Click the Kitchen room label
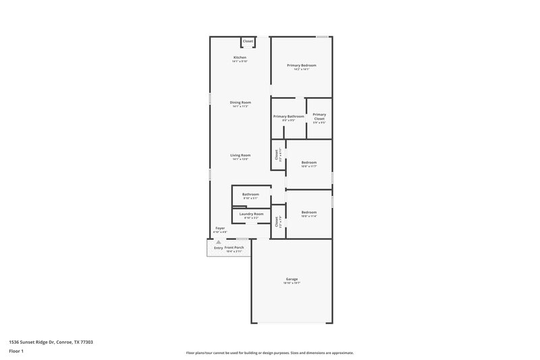[x=240, y=58]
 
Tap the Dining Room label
[x=240, y=103]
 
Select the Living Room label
[x=240, y=155]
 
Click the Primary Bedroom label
[x=301, y=66]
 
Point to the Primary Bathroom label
[x=289, y=116]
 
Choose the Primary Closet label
[x=319, y=116]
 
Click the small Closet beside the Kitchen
[x=248, y=41]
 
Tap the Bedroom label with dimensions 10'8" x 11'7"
[x=308, y=163]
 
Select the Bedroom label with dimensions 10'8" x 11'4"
[x=308, y=212]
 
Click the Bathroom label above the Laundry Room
[x=250, y=195]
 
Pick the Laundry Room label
[x=251, y=214]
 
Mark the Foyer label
[x=220, y=229]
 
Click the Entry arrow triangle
[x=218, y=242]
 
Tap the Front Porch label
[x=234, y=248]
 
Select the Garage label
[x=292, y=279]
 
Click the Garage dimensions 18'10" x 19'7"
[x=292, y=284]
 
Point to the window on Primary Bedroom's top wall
[x=323, y=36]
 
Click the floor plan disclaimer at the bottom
[x=270, y=353]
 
